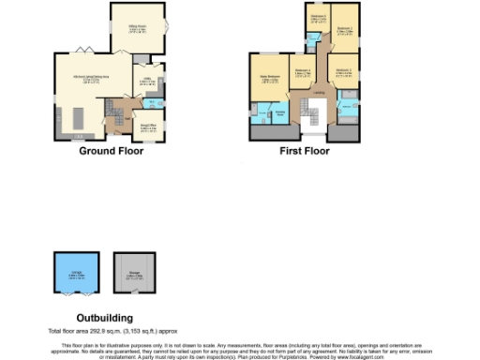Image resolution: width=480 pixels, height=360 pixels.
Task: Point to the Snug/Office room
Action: pyautogui.click(x=148, y=126)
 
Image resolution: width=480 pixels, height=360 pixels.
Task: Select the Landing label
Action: pyautogui.click(x=320, y=93)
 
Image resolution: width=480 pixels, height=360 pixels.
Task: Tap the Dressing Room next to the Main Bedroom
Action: pyautogui.click(x=280, y=113)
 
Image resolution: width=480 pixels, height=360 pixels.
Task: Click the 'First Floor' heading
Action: pyautogui.click(x=305, y=151)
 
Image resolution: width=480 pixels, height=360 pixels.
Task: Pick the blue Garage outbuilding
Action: pyautogui.click(x=70, y=274)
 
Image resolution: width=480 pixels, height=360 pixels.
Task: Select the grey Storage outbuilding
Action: pyautogui.click(x=134, y=274)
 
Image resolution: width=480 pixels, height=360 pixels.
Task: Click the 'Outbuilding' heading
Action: pyautogui.click(x=105, y=318)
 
